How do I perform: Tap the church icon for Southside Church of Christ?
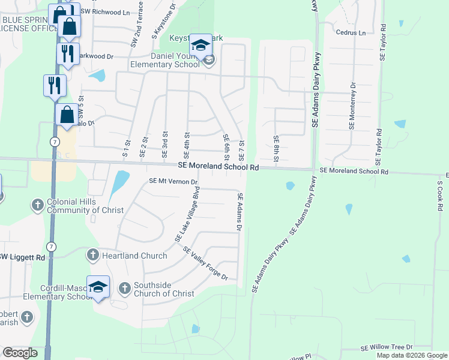[x=125, y=289]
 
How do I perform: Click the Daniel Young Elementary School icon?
[x=201, y=45]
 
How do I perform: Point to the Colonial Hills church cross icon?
[x=37, y=205]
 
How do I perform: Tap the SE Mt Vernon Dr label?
[x=173, y=181]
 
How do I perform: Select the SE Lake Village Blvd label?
[x=187, y=214]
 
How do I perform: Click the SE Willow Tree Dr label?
[x=386, y=347]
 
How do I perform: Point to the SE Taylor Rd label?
[x=379, y=146]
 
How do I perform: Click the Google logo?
[x=20, y=353]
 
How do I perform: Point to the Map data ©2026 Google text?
[x=411, y=355]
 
